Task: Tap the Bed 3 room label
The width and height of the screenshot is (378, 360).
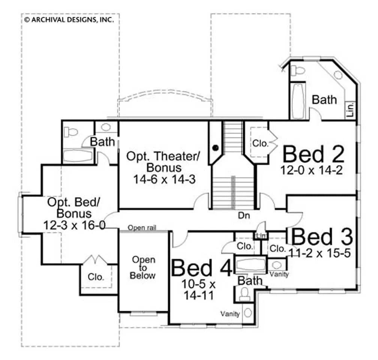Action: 322,237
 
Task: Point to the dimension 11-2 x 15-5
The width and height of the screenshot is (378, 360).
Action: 319,253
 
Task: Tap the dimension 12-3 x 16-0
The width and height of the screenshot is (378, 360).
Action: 73,225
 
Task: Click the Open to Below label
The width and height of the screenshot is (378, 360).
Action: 142,267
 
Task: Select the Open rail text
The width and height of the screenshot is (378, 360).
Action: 142,228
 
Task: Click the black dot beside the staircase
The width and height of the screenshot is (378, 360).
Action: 216,148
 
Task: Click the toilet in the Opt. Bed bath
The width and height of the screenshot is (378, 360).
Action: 71,132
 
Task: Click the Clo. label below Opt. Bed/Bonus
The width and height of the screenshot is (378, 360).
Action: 96,277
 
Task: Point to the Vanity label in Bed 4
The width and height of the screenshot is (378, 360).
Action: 230,314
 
